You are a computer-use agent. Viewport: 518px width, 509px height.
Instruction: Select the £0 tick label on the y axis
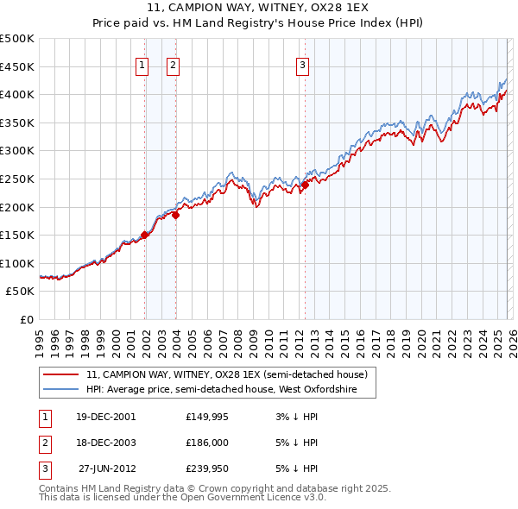tap(26, 320)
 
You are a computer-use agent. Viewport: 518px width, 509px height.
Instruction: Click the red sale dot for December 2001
tap(145, 234)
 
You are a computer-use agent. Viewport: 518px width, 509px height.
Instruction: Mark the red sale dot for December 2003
tap(175, 216)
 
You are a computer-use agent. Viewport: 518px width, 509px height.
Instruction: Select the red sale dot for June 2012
tap(305, 185)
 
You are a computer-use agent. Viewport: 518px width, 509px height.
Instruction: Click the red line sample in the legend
tap(60, 374)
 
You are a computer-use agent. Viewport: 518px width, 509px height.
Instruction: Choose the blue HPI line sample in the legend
tap(60, 390)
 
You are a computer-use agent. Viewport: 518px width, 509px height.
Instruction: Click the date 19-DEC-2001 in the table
tap(106, 417)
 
